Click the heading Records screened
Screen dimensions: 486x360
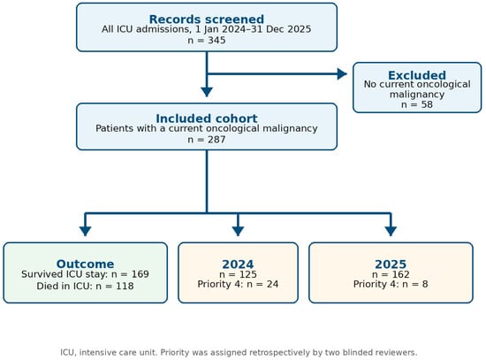(207, 19)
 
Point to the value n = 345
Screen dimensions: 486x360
(207, 41)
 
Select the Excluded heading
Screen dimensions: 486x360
(417, 75)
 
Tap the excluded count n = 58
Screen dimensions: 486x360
(417, 104)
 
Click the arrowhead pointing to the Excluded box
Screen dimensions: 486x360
(342, 74)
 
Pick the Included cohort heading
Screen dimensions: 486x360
(207, 119)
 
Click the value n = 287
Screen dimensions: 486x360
(207, 140)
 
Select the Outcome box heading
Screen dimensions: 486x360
(85, 264)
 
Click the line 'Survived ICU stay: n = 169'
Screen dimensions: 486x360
(85, 274)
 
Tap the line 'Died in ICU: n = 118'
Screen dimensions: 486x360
(85, 286)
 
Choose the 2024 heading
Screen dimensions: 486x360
(238, 264)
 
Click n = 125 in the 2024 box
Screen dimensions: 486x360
(238, 274)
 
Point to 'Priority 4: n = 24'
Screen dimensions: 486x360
(238, 284)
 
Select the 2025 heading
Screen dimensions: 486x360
(391, 264)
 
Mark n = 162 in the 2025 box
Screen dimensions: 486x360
(391, 274)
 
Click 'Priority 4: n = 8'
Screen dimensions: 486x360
(391, 284)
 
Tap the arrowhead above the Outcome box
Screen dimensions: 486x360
(85, 231)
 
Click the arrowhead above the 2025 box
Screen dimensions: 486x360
(391, 231)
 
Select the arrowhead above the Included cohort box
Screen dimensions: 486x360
(207, 92)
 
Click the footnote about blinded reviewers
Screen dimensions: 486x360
(239, 353)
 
